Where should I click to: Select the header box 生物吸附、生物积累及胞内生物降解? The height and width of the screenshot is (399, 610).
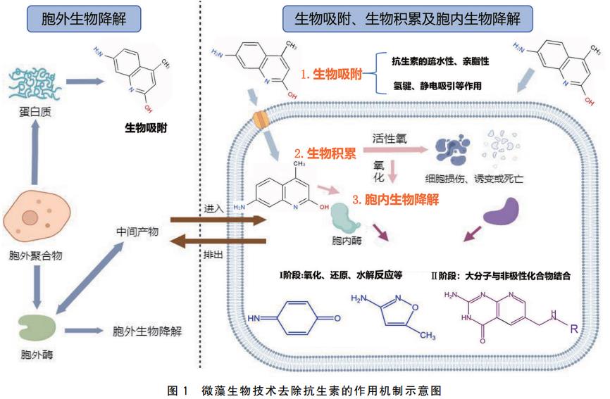point(402,18)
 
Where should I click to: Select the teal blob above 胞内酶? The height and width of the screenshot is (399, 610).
point(347,217)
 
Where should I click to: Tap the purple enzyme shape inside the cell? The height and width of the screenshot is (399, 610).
point(502,212)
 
